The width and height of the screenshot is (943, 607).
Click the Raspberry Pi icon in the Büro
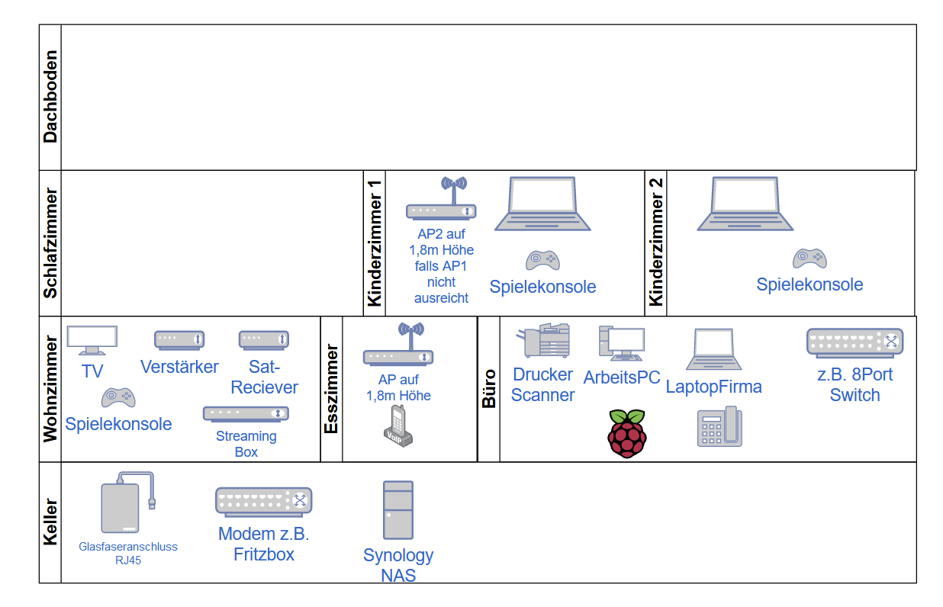click(x=627, y=433)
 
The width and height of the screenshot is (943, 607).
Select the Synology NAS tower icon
click(x=397, y=510)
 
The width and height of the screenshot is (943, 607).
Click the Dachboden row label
click(x=50, y=97)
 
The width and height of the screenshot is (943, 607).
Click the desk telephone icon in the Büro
click(x=719, y=426)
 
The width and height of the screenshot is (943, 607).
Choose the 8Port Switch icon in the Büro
click(x=854, y=342)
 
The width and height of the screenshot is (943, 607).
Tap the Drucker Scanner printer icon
click(x=544, y=341)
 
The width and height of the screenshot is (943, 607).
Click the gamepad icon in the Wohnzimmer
click(x=118, y=397)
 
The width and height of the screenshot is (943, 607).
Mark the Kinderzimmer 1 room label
click(x=375, y=243)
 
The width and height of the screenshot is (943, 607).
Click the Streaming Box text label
click(x=246, y=444)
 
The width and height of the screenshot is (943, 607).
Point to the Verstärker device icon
click(x=179, y=339)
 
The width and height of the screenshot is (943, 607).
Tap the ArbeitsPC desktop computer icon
click(x=621, y=343)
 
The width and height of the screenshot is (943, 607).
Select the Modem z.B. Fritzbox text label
click(x=264, y=544)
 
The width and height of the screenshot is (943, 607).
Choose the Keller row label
click(x=50, y=522)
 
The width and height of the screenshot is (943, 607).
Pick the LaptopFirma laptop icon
click(x=713, y=350)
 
